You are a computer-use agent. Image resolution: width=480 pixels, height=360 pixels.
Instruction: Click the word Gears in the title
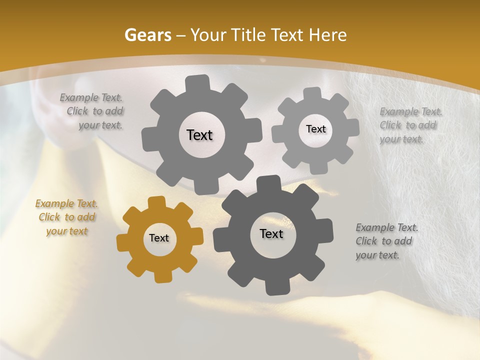(148, 35)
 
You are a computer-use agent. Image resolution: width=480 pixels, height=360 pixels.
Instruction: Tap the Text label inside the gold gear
(159, 238)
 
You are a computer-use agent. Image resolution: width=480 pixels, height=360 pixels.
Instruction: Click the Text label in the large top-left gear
(199, 135)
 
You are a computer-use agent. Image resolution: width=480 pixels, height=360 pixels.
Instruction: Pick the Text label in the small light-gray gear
(315, 129)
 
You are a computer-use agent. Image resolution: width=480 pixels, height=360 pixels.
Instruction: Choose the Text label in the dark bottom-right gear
(271, 234)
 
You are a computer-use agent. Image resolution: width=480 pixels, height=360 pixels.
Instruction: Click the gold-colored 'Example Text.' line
(66, 203)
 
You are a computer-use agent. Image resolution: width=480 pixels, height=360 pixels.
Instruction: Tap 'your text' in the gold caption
(67, 231)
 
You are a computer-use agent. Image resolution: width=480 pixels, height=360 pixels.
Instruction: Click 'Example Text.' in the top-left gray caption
(91, 97)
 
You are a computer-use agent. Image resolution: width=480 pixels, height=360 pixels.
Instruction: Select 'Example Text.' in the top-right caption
(411, 111)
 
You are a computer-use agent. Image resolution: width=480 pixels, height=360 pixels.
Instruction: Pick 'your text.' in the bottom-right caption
(377, 255)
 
